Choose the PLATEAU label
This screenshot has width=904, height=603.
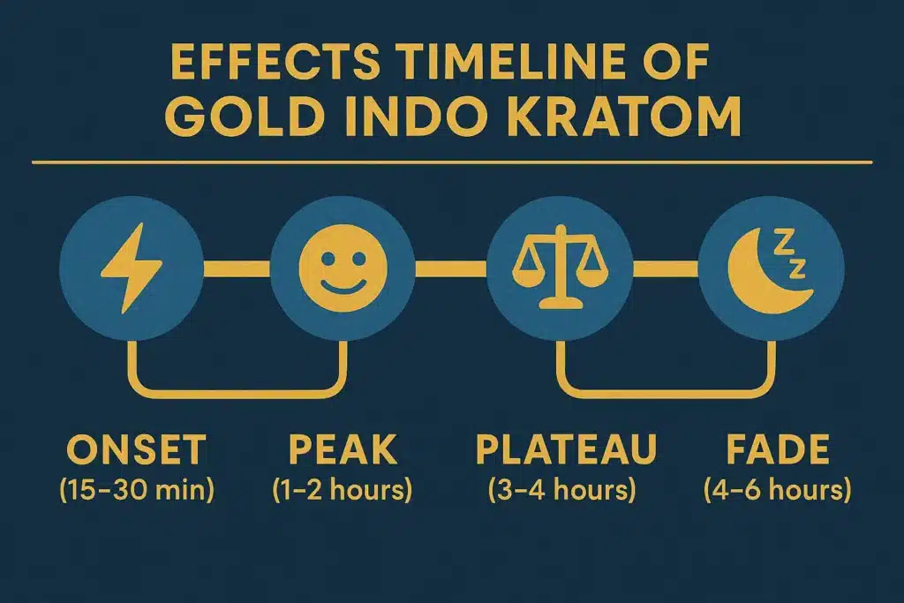(x=566, y=451)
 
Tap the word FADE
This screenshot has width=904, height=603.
(x=777, y=451)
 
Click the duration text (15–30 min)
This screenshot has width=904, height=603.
(x=137, y=490)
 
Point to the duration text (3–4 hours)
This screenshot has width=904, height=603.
(x=562, y=490)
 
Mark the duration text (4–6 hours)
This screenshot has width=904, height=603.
(x=777, y=490)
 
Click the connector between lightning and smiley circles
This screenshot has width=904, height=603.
(x=236, y=268)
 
